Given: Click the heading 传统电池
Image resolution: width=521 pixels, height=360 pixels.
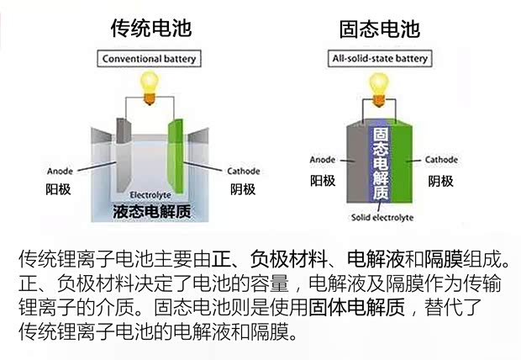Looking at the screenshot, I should (x=151, y=29).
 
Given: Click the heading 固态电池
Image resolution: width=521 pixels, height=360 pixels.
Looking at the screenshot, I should (x=379, y=29).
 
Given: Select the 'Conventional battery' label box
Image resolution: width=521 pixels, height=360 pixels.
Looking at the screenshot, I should (x=150, y=60).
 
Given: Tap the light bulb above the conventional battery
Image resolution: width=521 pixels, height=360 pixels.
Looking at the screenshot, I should (x=150, y=84).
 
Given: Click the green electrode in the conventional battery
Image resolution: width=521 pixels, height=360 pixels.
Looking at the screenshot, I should (x=176, y=151).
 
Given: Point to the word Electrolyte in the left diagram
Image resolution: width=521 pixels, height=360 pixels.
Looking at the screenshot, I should (x=150, y=196).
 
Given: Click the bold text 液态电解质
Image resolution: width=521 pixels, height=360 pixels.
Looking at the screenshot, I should (x=150, y=211).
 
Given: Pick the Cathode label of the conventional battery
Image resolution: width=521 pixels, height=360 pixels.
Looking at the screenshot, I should (x=243, y=171).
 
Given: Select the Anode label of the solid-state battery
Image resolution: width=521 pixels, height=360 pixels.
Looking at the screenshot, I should (x=323, y=159).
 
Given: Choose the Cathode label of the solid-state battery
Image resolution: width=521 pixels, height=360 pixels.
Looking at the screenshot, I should (x=440, y=159).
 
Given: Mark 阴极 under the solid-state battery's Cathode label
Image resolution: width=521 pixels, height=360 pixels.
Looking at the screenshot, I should (x=439, y=180).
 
